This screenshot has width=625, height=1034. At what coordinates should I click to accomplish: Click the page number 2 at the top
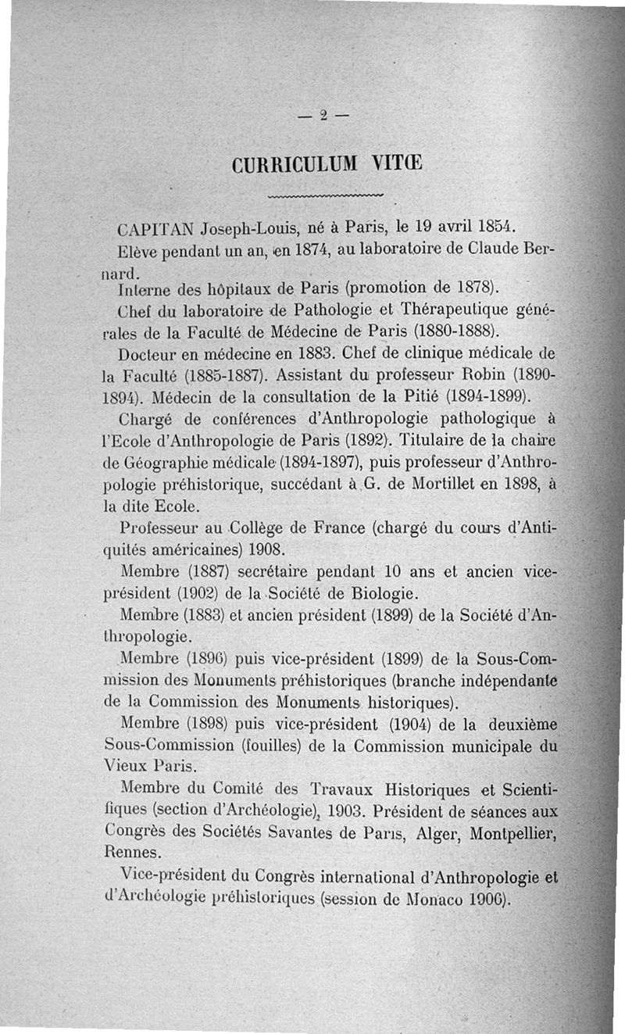[x=322, y=116]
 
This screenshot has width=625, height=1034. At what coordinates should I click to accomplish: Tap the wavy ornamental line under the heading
[x=325, y=195]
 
